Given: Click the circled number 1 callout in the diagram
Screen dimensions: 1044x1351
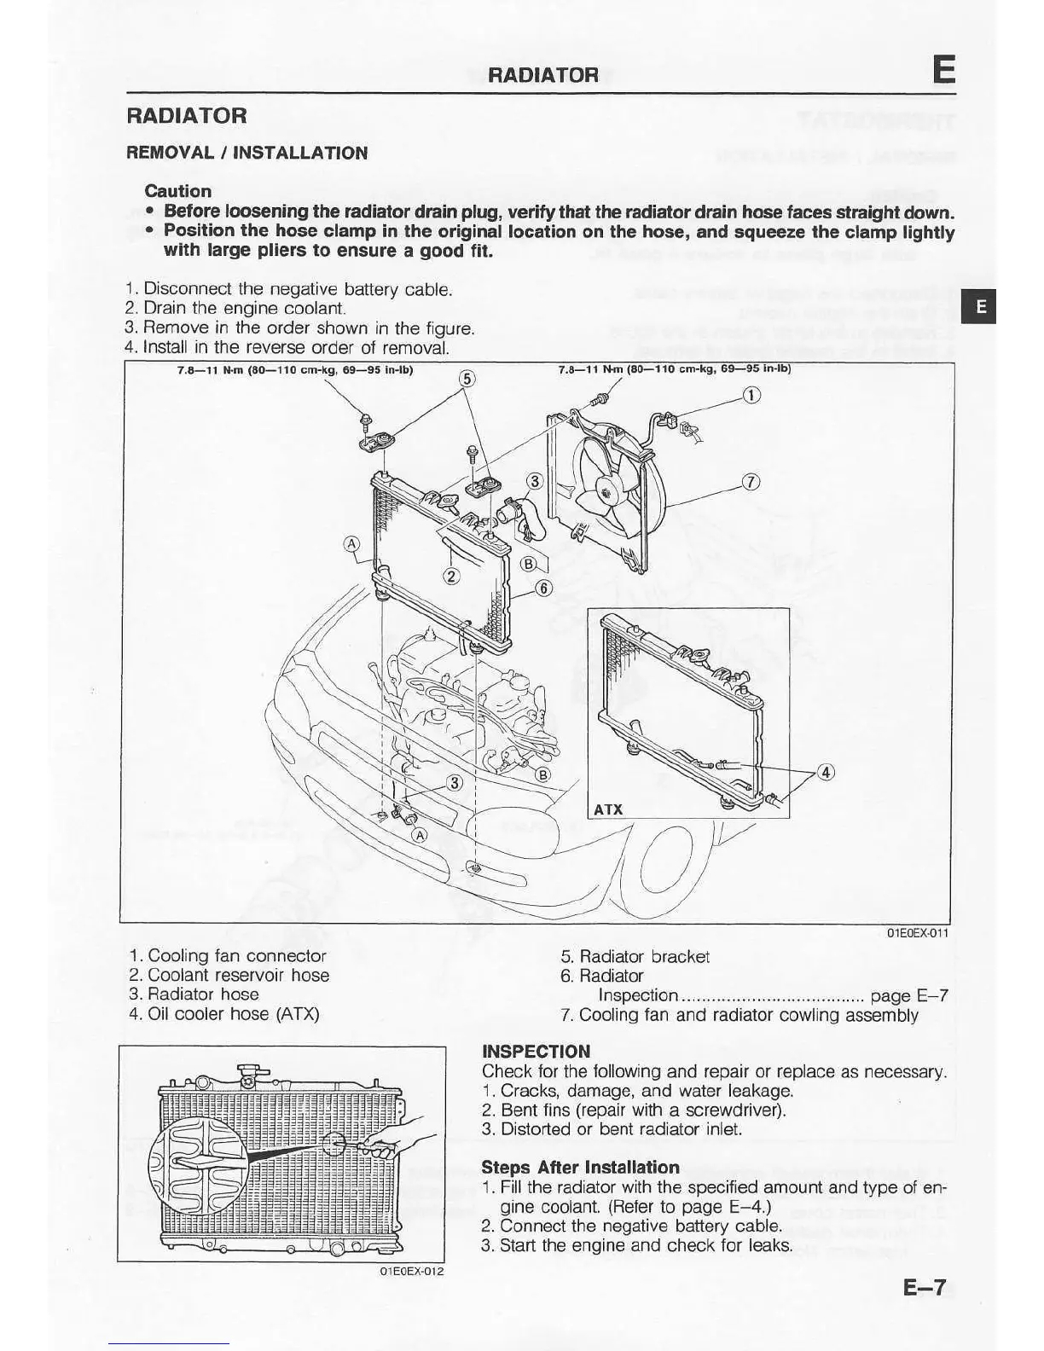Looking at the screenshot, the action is point(751,395).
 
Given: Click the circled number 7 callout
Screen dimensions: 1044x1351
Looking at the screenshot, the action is point(750,482).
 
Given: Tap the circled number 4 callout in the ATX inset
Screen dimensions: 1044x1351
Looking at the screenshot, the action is point(824,773).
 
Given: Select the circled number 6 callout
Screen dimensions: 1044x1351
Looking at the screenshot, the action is point(544,588).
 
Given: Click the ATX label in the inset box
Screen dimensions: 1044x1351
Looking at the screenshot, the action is point(608,809).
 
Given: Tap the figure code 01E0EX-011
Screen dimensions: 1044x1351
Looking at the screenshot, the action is point(918,933).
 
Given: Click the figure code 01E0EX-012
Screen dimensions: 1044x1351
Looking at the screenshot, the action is point(411,1271).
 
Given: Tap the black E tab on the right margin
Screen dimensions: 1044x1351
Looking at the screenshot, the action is point(981,307).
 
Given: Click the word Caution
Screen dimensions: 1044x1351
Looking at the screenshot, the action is point(177,191).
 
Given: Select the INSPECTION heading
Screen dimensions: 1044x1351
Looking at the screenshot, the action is point(536,1052).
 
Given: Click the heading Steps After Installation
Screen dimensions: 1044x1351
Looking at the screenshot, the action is point(580,1167).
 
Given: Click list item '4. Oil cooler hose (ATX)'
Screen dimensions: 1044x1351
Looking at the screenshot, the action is point(224,1014).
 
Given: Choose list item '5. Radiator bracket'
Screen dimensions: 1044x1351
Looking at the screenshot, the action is point(635,957).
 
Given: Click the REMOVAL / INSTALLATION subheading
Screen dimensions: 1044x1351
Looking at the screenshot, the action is point(246,154).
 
